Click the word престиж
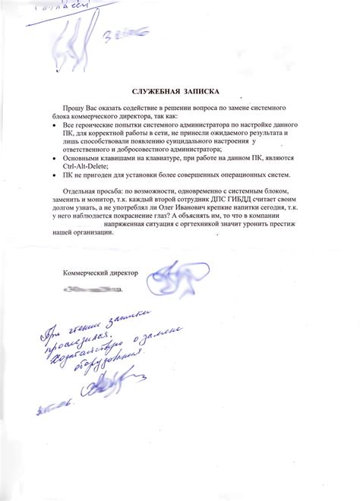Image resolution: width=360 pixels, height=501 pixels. pyautogui.click(x=287, y=244)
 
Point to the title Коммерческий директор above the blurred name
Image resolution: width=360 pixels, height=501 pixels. pyautogui.click(x=99, y=272)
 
